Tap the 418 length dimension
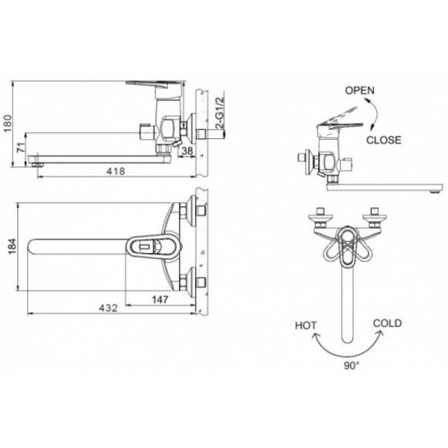(x=114, y=171)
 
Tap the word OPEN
(x=359, y=90)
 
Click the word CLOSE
(x=384, y=140)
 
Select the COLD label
(x=387, y=323)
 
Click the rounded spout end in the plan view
(x=34, y=246)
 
